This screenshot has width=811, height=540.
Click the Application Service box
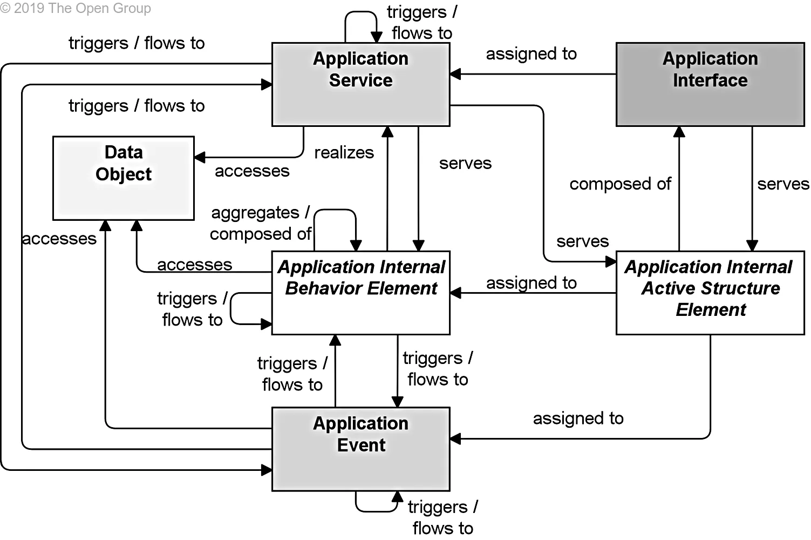[360, 85]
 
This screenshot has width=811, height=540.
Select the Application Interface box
[710, 85]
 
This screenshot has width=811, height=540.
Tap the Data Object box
[124, 178]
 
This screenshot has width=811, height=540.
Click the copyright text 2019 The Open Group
[76, 9]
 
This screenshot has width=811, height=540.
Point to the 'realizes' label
[344, 153]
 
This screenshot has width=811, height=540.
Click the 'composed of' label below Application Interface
[620, 184]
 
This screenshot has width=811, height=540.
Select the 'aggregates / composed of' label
[261, 223]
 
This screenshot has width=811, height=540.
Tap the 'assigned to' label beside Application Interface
[531, 54]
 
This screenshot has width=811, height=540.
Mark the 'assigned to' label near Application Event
[578, 418]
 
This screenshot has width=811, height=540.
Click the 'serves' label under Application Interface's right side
[783, 184]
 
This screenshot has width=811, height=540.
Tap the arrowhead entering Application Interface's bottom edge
[679, 132]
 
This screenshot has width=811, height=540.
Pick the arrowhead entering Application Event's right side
[455, 438]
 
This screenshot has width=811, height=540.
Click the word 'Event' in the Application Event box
[361, 446]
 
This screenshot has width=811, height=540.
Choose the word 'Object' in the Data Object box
[124, 174]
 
